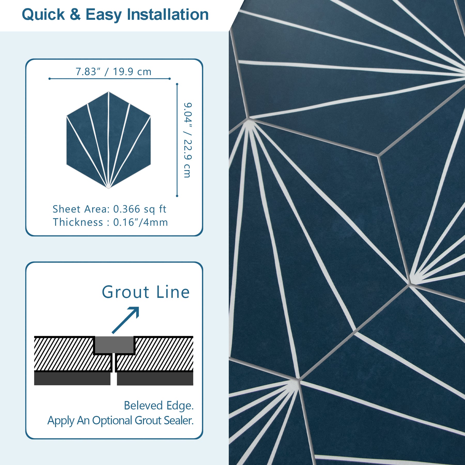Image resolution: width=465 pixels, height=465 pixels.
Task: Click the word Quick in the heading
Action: click(x=43, y=15)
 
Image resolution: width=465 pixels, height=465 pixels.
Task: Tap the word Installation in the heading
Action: click(x=168, y=14)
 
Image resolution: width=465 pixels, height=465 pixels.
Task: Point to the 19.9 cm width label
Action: click(x=132, y=72)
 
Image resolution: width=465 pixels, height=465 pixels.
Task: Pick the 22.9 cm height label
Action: click(x=188, y=159)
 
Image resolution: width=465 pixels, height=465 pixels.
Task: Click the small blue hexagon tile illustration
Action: click(x=109, y=140)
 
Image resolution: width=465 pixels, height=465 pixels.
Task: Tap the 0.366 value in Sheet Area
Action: click(x=127, y=209)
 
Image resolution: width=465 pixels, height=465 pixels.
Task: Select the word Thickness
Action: click(x=78, y=222)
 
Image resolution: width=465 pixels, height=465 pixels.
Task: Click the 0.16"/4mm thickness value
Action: click(x=141, y=222)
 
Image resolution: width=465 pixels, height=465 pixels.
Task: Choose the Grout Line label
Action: click(x=146, y=292)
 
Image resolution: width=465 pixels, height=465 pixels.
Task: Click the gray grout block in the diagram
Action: click(x=114, y=345)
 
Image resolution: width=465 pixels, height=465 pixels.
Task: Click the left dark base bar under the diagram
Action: click(x=72, y=378)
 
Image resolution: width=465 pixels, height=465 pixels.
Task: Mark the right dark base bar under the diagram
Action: click(x=155, y=378)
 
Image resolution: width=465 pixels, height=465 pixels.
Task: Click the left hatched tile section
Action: click(x=67, y=354)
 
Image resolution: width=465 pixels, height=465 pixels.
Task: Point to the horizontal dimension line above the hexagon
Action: click(x=110, y=79)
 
